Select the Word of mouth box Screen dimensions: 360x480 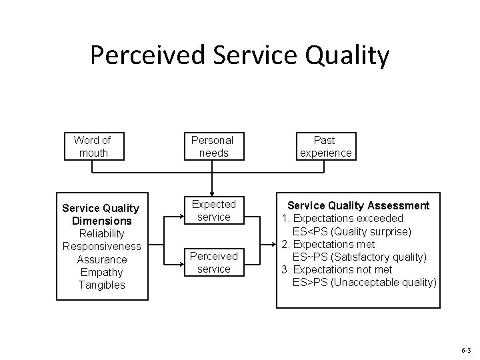point(92,147)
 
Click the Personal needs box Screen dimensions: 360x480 point(212,147)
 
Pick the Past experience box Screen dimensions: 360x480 point(325,147)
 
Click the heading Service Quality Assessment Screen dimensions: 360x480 point(358,206)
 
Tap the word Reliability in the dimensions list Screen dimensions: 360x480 point(101,233)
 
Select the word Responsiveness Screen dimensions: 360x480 point(101,246)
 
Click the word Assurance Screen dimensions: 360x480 point(101,259)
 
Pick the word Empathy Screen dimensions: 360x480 point(101,272)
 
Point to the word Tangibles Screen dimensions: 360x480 point(101,285)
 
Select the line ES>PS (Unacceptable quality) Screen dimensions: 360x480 point(365,283)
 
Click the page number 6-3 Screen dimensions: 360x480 point(465,349)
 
